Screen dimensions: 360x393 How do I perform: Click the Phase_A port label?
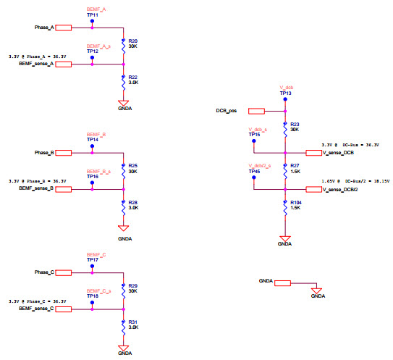point(44,28)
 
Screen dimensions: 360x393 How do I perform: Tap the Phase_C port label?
point(44,272)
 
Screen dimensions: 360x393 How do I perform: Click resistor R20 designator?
point(132,41)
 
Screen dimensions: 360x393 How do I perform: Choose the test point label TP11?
point(92,14)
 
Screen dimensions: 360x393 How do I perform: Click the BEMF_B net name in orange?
point(96,135)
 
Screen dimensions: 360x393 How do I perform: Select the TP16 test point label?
point(92,176)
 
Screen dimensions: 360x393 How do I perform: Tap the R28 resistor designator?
point(132,202)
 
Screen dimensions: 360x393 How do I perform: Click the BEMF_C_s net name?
point(98,290)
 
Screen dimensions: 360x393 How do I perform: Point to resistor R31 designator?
point(132,322)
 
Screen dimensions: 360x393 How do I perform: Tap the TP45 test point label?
point(254,171)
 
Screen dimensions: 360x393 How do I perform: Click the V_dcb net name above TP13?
point(285,88)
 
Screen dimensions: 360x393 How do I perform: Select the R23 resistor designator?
point(294,124)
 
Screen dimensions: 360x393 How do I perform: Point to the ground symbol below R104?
point(285,240)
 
